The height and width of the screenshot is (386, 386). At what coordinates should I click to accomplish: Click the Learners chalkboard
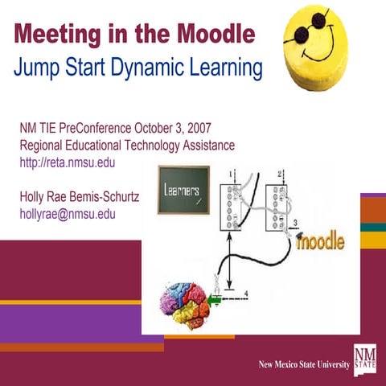tap(184, 190)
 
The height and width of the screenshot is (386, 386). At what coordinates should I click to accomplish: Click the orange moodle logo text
tap(321, 240)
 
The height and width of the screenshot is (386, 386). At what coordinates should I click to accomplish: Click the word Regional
tap(45, 146)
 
